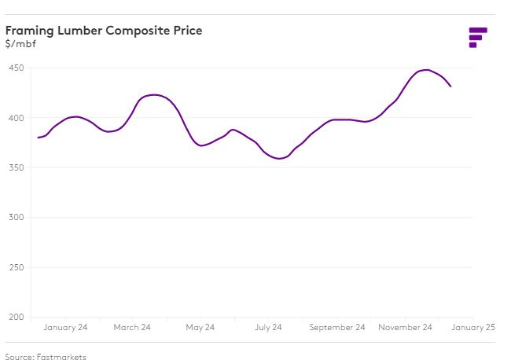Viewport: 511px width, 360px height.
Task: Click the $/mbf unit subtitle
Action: coord(20,43)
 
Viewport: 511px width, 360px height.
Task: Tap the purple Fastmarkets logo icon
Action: coord(477,37)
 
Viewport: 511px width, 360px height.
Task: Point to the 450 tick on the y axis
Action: coord(15,68)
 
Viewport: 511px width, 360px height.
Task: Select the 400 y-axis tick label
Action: coord(15,118)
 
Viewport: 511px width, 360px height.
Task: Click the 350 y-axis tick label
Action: coord(15,167)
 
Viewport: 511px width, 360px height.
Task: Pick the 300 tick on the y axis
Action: coord(15,218)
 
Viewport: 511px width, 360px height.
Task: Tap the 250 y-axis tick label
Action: coord(15,267)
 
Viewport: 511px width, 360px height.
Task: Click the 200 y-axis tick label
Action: coord(15,317)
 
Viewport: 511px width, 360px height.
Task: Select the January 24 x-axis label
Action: coord(65,328)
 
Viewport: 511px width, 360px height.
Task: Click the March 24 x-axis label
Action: coord(132,328)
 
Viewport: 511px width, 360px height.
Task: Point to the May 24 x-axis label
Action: coord(200,328)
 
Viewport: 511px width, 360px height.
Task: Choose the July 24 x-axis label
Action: coord(267,328)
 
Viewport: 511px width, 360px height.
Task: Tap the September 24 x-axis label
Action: coord(337,328)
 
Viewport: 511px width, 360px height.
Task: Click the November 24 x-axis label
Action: coord(405,328)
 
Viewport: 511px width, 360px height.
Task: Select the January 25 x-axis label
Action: coord(473,328)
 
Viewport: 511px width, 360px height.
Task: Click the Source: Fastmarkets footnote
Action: coord(46,357)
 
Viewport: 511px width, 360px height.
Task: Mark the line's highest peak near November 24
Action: coord(426,70)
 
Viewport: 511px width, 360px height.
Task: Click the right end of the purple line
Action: coord(450,86)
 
